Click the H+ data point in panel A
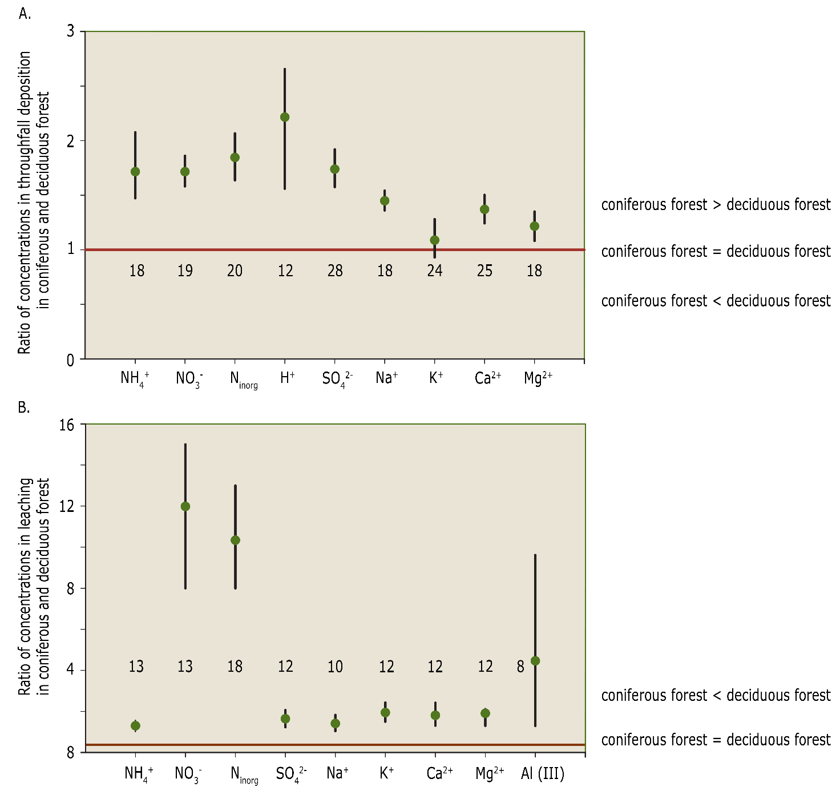click(285, 117)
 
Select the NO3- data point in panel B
click(185, 506)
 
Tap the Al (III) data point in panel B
click(535, 661)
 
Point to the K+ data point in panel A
click(435, 240)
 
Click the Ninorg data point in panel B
click(235, 540)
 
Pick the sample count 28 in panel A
click(335, 271)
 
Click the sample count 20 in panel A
click(235, 271)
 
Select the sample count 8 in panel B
click(520, 667)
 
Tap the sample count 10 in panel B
click(335, 667)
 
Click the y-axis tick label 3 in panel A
click(71, 31)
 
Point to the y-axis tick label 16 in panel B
click(67, 425)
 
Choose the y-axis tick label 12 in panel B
click(67, 506)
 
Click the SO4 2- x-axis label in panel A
click(337, 378)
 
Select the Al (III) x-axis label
click(542, 774)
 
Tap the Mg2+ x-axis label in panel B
click(490, 774)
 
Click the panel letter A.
click(25, 14)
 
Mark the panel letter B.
click(24, 407)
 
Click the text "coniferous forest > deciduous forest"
click(716, 204)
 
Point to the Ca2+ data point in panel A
click(484, 209)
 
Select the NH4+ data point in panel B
click(135, 726)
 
